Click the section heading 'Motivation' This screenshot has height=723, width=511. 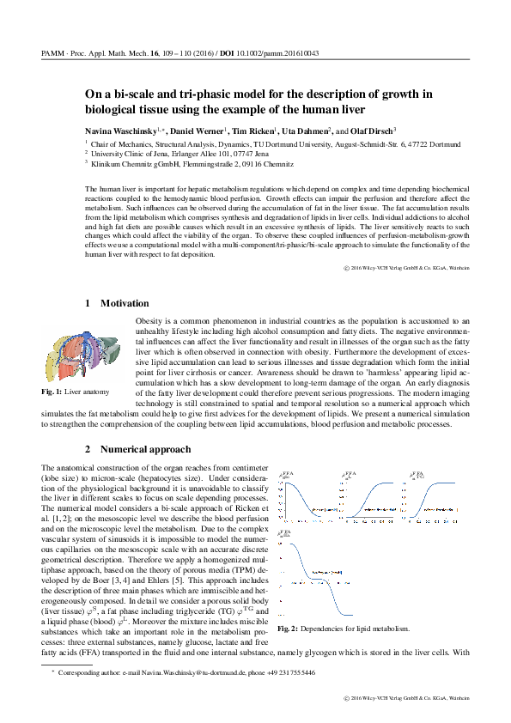coord(124,303)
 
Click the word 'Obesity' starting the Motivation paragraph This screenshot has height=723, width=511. coord(150,319)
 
